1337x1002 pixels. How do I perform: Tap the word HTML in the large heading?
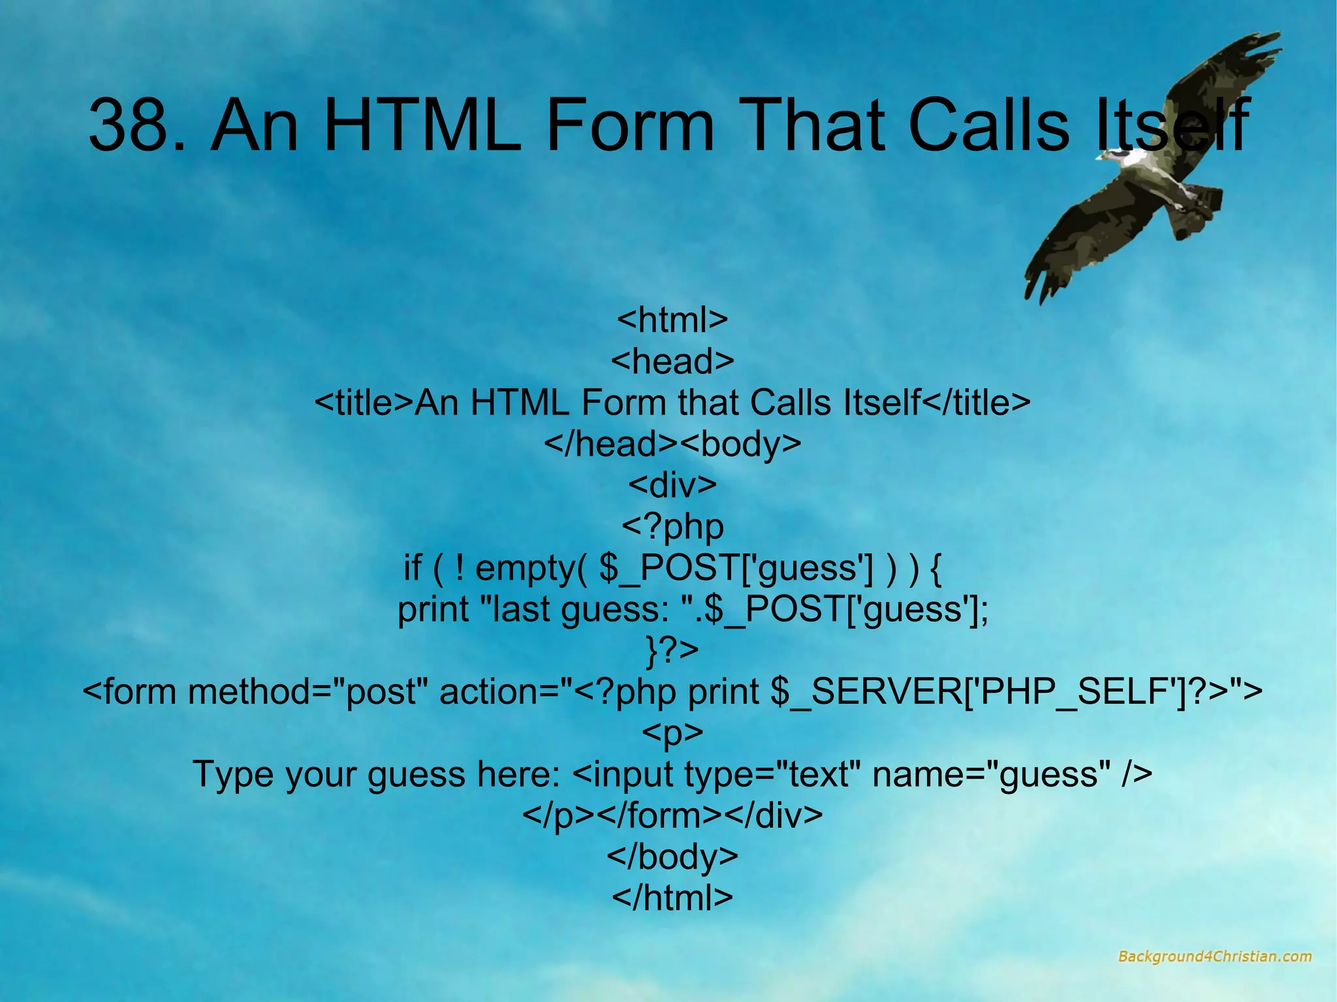coord(422,125)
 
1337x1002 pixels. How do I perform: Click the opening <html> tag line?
coord(672,320)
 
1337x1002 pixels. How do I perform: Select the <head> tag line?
coord(672,361)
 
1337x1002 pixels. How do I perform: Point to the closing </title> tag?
coord(976,403)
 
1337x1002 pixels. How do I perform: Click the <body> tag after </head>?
coord(740,444)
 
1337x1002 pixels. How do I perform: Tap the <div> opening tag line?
coord(672,485)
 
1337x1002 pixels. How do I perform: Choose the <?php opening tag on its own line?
coord(672,527)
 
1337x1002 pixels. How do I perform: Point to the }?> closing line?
coord(672,650)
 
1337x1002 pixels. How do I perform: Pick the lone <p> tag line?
coord(672,733)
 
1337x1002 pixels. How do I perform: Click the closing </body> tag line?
coord(672,856)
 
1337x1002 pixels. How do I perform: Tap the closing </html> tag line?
coord(672,898)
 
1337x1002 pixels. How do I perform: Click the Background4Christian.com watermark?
coord(1214,957)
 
